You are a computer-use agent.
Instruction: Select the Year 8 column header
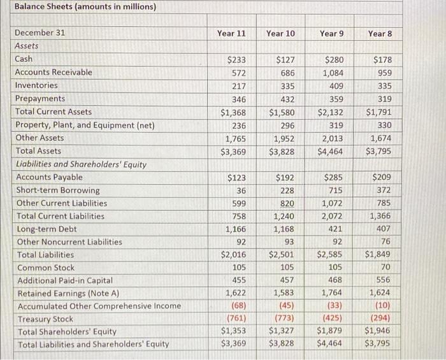coord(380,32)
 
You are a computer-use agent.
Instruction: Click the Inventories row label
coord(36,85)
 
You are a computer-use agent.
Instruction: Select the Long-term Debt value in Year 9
coord(334,229)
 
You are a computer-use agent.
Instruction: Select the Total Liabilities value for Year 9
coord(330,255)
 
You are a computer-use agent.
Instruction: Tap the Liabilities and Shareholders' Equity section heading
coord(80,164)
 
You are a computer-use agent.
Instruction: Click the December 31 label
coord(40,32)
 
